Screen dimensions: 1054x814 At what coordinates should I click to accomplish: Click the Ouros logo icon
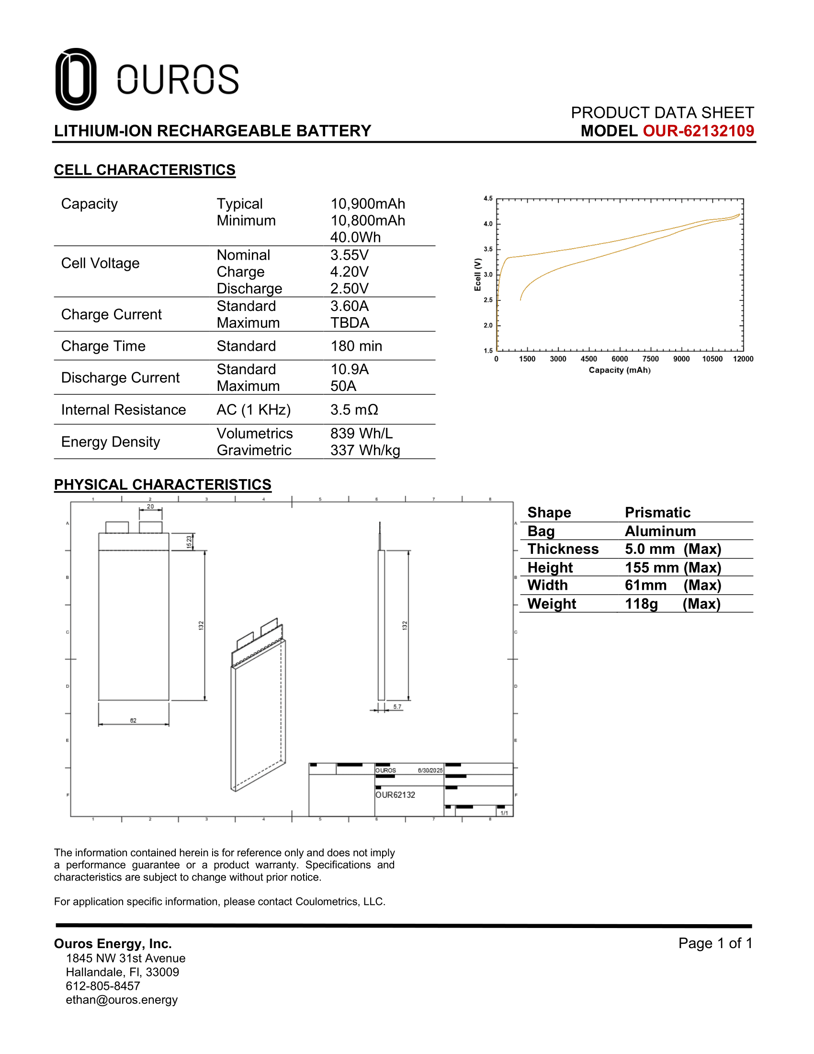pos(76,79)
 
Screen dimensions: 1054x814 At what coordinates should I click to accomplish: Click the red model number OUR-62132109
pos(698,131)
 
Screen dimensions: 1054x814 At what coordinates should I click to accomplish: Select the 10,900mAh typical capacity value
pos(367,204)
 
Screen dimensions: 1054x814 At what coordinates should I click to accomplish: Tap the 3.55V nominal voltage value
pos(349,255)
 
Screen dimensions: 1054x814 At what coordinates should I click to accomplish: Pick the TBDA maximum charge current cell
pos(350,322)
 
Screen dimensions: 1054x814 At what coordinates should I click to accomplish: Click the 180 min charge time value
pos(356,346)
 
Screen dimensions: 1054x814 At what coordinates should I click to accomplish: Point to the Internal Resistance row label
pos(124,410)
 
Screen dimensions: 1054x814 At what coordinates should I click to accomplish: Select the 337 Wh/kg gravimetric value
pos(365,450)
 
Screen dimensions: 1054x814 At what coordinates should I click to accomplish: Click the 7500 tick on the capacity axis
pos(650,359)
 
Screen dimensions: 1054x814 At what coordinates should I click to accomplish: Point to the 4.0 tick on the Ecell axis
pos(488,224)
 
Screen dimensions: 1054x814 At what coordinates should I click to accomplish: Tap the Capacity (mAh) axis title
pos(619,370)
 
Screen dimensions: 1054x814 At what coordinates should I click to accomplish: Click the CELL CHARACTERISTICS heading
pos(145,170)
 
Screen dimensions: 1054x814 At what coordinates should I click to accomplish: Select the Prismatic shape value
pos(657,513)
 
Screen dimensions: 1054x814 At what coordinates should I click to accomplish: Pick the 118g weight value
pos(641,604)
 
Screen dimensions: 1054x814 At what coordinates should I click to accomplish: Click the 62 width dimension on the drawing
pos(133,721)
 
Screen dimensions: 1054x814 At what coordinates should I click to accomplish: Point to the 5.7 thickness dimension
pos(397,707)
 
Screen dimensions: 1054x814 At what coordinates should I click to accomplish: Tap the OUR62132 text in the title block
pos(395,795)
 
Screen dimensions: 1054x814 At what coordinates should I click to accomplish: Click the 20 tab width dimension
pos(150,507)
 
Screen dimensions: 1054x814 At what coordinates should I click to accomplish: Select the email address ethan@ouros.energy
pos(122,1000)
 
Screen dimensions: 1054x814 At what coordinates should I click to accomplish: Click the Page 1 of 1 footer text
pos(715,943)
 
